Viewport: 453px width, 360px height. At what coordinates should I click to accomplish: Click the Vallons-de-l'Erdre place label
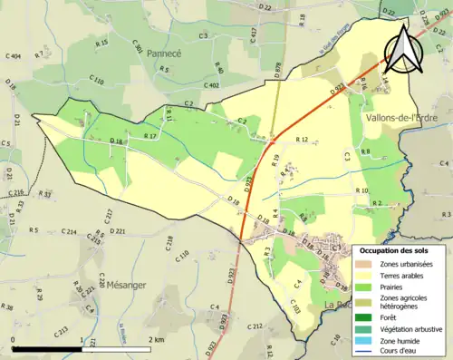tap(405, 119)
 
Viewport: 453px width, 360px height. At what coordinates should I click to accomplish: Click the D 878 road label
tap(276, 69)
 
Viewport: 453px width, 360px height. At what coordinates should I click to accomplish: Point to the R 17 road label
tap(151, 136)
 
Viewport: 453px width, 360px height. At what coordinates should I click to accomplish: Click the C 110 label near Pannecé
tap(96, 82)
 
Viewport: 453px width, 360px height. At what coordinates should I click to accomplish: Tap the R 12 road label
tap(303, 140)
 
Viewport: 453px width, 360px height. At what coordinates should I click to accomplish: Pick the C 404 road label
tap(13, 57)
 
